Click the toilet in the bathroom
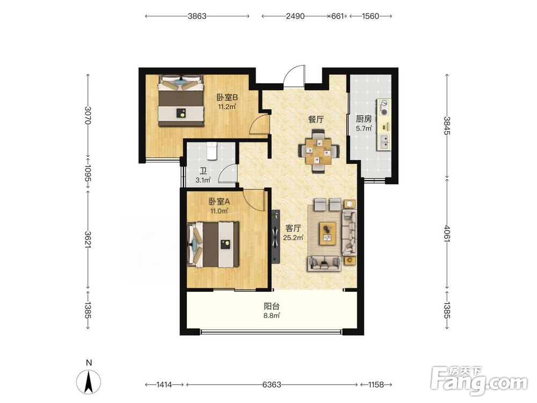point(212,151)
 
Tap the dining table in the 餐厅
point(319,151)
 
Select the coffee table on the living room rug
point(328,234)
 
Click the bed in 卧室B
point(181,101)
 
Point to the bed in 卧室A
point(213,244)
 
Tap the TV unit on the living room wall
point(275,236)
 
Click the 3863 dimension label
point(197,16)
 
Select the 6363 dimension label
point(272,385)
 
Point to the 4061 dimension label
point(447,233)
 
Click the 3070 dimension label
point(88,116)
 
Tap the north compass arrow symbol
point(89,382)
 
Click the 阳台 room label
point(272,306)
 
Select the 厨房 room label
point(364,119)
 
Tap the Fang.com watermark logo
point(480,379)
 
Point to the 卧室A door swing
point(254,200)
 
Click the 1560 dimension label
point(370,16)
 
